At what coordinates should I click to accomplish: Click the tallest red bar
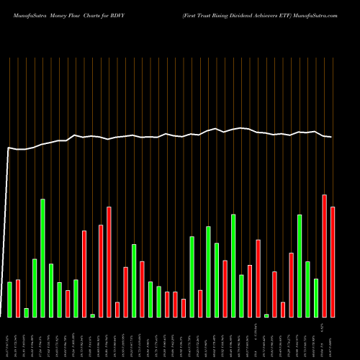325,256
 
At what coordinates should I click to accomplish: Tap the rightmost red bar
333,262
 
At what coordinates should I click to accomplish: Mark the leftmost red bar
18,298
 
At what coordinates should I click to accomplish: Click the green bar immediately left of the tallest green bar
35,288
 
